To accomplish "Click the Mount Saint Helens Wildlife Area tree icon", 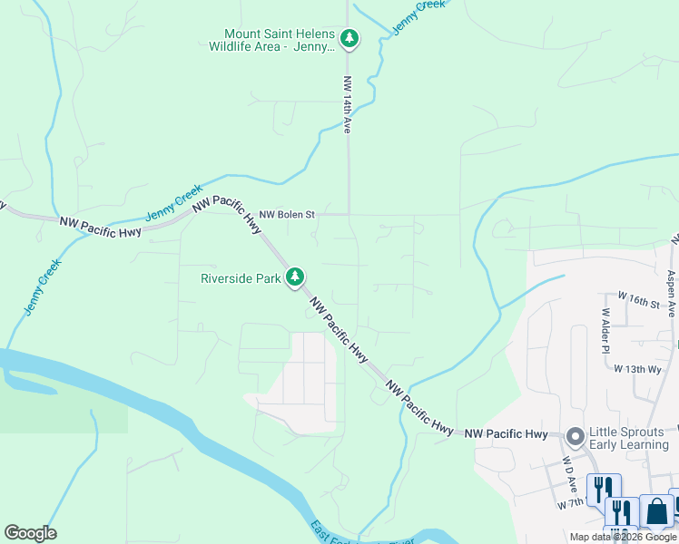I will click(x=349, y=39).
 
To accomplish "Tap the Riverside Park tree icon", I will click(x=294, y=277).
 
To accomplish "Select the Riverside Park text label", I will click(x=241, y=278).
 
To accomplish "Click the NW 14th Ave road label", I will click(x=347, y=105).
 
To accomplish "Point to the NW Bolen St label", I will click(x=286, y=215).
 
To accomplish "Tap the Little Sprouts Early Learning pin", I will click(x=574, y=437).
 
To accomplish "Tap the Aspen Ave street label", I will click(x=670, y=293).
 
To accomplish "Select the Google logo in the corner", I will click(x=30, y=533).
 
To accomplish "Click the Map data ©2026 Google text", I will click(x=623, y=537).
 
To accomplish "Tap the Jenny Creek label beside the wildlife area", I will click(x=420, y=18).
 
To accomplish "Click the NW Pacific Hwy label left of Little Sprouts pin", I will click(x=507, y=435).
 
